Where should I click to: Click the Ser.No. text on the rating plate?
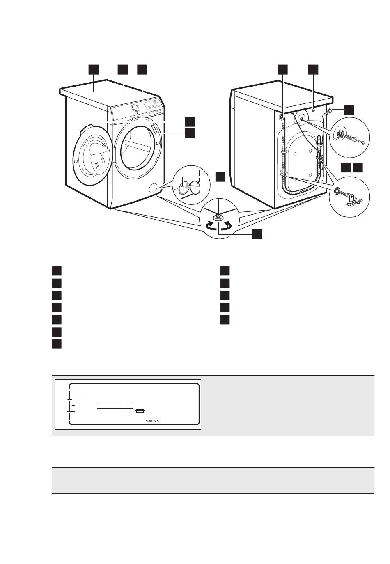153,421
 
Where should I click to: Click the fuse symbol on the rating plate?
140,410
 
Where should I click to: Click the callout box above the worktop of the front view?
94,69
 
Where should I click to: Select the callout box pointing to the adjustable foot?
257,234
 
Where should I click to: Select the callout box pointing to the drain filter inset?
220,177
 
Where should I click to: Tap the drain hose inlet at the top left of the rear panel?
282,118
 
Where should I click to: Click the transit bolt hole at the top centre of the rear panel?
314,110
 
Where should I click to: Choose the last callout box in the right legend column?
225,320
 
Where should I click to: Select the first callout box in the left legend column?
57,271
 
